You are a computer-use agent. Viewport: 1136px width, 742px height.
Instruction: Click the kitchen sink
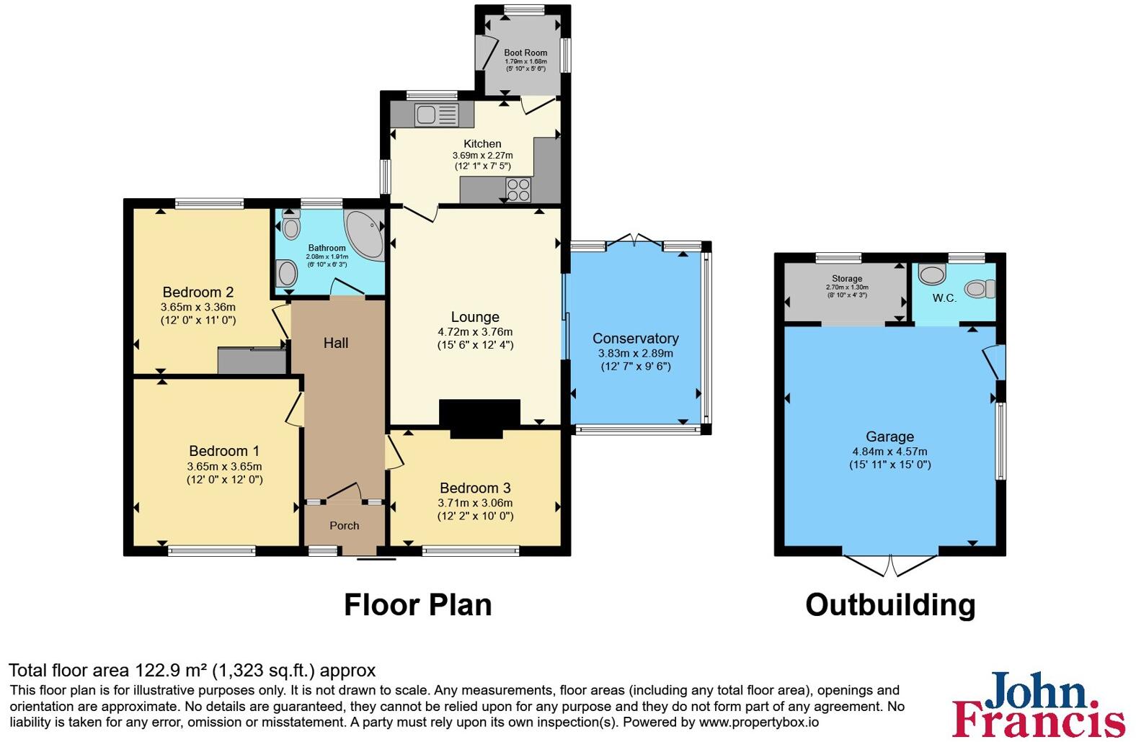pos(437,115)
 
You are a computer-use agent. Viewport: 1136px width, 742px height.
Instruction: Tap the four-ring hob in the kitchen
pos(518,190)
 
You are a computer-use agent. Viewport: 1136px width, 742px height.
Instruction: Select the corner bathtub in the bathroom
pos(365,235)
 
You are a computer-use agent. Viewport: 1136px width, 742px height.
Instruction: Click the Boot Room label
pos(525,53)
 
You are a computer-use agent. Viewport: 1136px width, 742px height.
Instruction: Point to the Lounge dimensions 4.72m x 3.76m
pos(475,332)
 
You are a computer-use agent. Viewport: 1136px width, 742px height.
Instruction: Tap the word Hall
pos(336,343)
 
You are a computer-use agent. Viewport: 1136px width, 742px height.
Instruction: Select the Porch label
pos(345,526)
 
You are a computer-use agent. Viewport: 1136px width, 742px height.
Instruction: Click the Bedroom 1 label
pos(224,450)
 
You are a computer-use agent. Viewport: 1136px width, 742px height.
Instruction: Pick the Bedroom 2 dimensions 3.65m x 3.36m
pos(198,307)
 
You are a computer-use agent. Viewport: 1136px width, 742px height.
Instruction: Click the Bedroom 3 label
pos(475,488)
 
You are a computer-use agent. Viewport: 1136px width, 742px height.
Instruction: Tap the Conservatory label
pos(636,338)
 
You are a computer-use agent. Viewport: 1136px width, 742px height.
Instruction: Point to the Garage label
pos(890,437)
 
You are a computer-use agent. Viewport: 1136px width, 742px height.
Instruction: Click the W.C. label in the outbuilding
pos(944,298)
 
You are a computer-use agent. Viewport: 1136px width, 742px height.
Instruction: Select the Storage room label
pos(847,278)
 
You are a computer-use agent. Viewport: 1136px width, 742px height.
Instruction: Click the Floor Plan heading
pos(418,604)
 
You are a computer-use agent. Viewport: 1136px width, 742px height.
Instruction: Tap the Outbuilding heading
pos(890,605)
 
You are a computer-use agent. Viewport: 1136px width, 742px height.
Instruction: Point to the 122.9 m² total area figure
pos(170,671)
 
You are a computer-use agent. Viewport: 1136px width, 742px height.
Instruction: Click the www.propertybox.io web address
pos(759,722)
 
